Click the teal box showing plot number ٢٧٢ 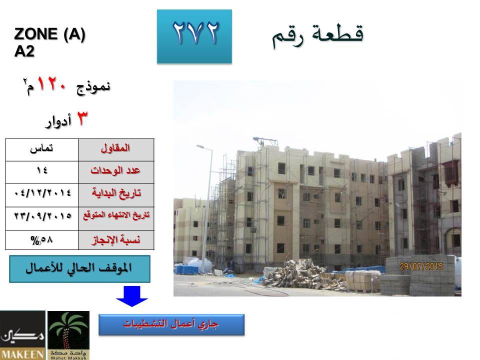click(194, 36)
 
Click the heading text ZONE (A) click(49, 33)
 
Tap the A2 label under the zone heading click(24, 51)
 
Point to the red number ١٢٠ click(52, 83)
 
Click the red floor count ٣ click(82, 118)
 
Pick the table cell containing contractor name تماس click(42, 149)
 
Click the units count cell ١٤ click(42, 172)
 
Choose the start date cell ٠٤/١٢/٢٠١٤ click(42, 195)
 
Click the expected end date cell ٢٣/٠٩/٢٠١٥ click(42, 218)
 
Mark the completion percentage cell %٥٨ click(42, 240)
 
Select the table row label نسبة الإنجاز click(116, 239)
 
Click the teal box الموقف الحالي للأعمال click(79, 269)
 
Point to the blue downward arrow click(132, 296)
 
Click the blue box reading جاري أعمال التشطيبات click(171, 324)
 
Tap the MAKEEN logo click(22, 335)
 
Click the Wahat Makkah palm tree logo click(68, 335)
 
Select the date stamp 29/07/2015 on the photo click(421, 266)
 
